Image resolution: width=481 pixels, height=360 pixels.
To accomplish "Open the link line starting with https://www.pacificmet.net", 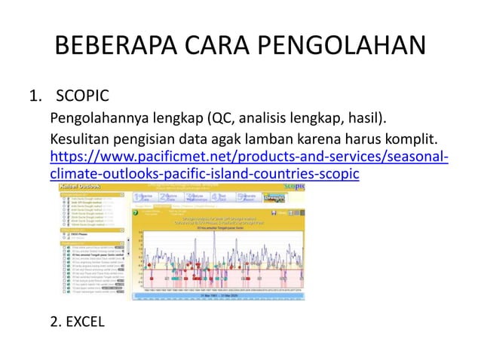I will coord(248,157).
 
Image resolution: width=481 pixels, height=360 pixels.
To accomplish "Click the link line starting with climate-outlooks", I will coord(204,174).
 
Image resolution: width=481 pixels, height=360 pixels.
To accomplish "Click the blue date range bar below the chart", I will coord(219,296).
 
